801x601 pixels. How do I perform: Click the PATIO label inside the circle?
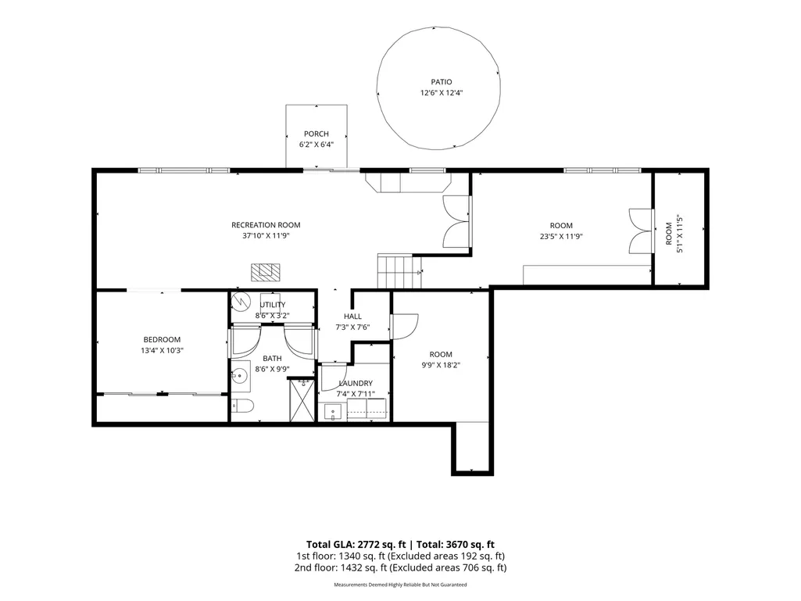coord(442,82)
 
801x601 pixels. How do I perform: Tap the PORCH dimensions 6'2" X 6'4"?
coord(316,145)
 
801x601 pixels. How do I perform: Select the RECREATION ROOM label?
coord(266,225)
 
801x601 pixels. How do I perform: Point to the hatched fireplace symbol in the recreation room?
coord(266,272)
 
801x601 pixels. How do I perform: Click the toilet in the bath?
coord(242,406)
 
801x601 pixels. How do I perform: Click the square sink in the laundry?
coord(333,412)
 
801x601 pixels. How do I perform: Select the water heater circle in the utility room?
coord(240,302)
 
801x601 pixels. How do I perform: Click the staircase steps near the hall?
coord(399,271)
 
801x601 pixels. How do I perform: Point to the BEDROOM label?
coord(162,339)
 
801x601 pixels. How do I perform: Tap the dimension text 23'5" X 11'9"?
coord(561,237)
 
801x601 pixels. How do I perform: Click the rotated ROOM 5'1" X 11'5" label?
coord(674,234)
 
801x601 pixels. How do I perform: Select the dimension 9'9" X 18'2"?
coord(441,366)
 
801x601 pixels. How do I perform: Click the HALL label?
coord(352,317)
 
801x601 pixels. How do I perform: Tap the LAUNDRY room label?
coord(356,383)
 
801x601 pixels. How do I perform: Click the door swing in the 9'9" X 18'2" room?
coord(404,326)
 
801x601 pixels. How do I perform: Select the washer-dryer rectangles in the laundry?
coord(367,410)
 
